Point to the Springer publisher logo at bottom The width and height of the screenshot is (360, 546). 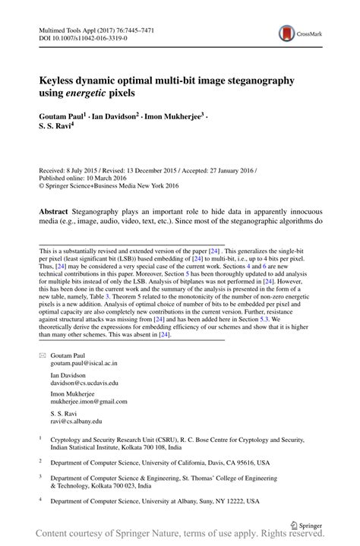coord(306,524)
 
